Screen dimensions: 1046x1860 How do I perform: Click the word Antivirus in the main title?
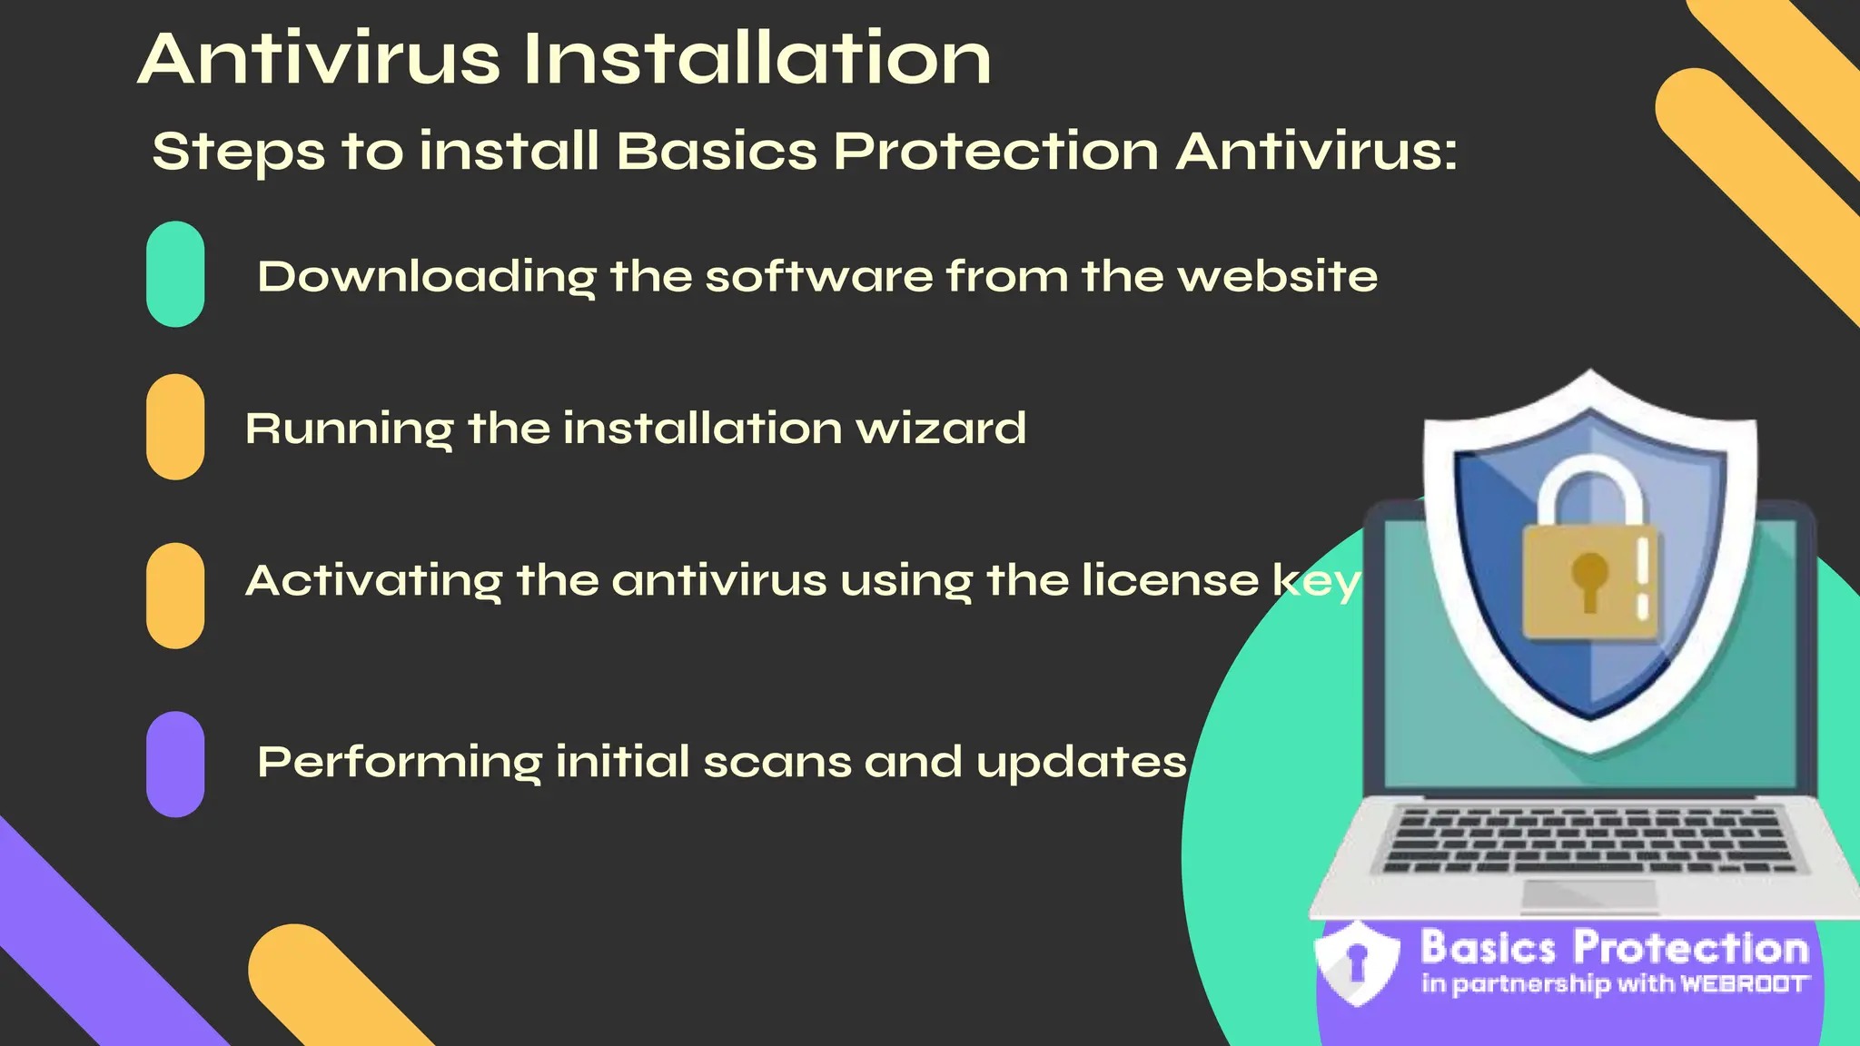[319, 59]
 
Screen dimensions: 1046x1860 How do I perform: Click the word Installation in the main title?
[757, 59]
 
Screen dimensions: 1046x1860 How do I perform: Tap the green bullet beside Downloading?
[175, 274]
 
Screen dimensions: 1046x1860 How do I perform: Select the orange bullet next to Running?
[175, 427]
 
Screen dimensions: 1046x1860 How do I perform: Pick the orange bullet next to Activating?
[175, 596]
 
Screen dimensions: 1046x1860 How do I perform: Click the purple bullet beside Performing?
[175, 764]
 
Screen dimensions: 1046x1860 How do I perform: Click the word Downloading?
[427, 276]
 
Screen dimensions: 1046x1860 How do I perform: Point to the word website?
[1277, 276]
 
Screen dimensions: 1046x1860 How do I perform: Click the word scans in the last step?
[777, 762]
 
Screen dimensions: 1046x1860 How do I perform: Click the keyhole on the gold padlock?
[1589, 578]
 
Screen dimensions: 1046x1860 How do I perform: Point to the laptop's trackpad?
[1589, 893]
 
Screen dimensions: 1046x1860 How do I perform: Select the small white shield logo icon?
[1357, 962]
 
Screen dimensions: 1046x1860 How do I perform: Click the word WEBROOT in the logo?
[1744, 984]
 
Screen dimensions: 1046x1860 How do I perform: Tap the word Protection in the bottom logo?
[1691, 948]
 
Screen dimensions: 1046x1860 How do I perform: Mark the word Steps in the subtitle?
[238, 151]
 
